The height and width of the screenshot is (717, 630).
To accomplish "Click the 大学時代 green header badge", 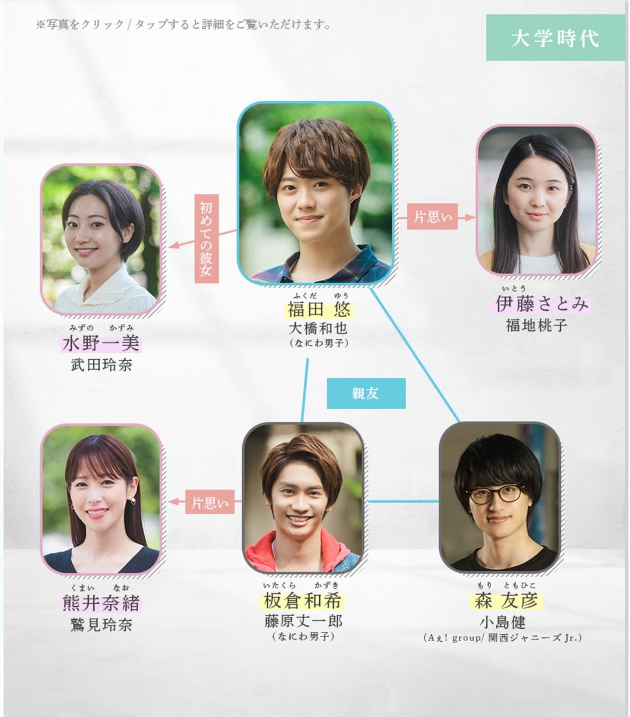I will coord(555,38).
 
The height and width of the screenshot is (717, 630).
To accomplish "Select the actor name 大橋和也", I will coord(318,328).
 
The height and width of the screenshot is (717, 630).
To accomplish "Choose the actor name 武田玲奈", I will coord(101,365).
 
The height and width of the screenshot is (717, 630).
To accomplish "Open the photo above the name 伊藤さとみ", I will coord(537,200).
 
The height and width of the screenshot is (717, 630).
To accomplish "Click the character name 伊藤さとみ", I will coord(542,304).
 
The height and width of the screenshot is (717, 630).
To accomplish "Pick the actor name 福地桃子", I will coord(537,325).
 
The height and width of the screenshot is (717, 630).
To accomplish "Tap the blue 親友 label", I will coord(366,393).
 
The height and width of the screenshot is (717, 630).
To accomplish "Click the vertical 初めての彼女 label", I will coord(207,238).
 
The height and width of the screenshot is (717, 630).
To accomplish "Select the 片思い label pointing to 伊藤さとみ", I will coord(432,217).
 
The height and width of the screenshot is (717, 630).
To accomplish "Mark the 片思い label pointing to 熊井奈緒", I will coord(210,502).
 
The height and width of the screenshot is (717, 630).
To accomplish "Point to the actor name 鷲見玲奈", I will coord(101,625).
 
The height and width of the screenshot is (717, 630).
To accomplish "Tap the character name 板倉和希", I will coord(302,602).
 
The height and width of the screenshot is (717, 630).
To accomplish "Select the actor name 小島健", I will coord(502,621).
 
